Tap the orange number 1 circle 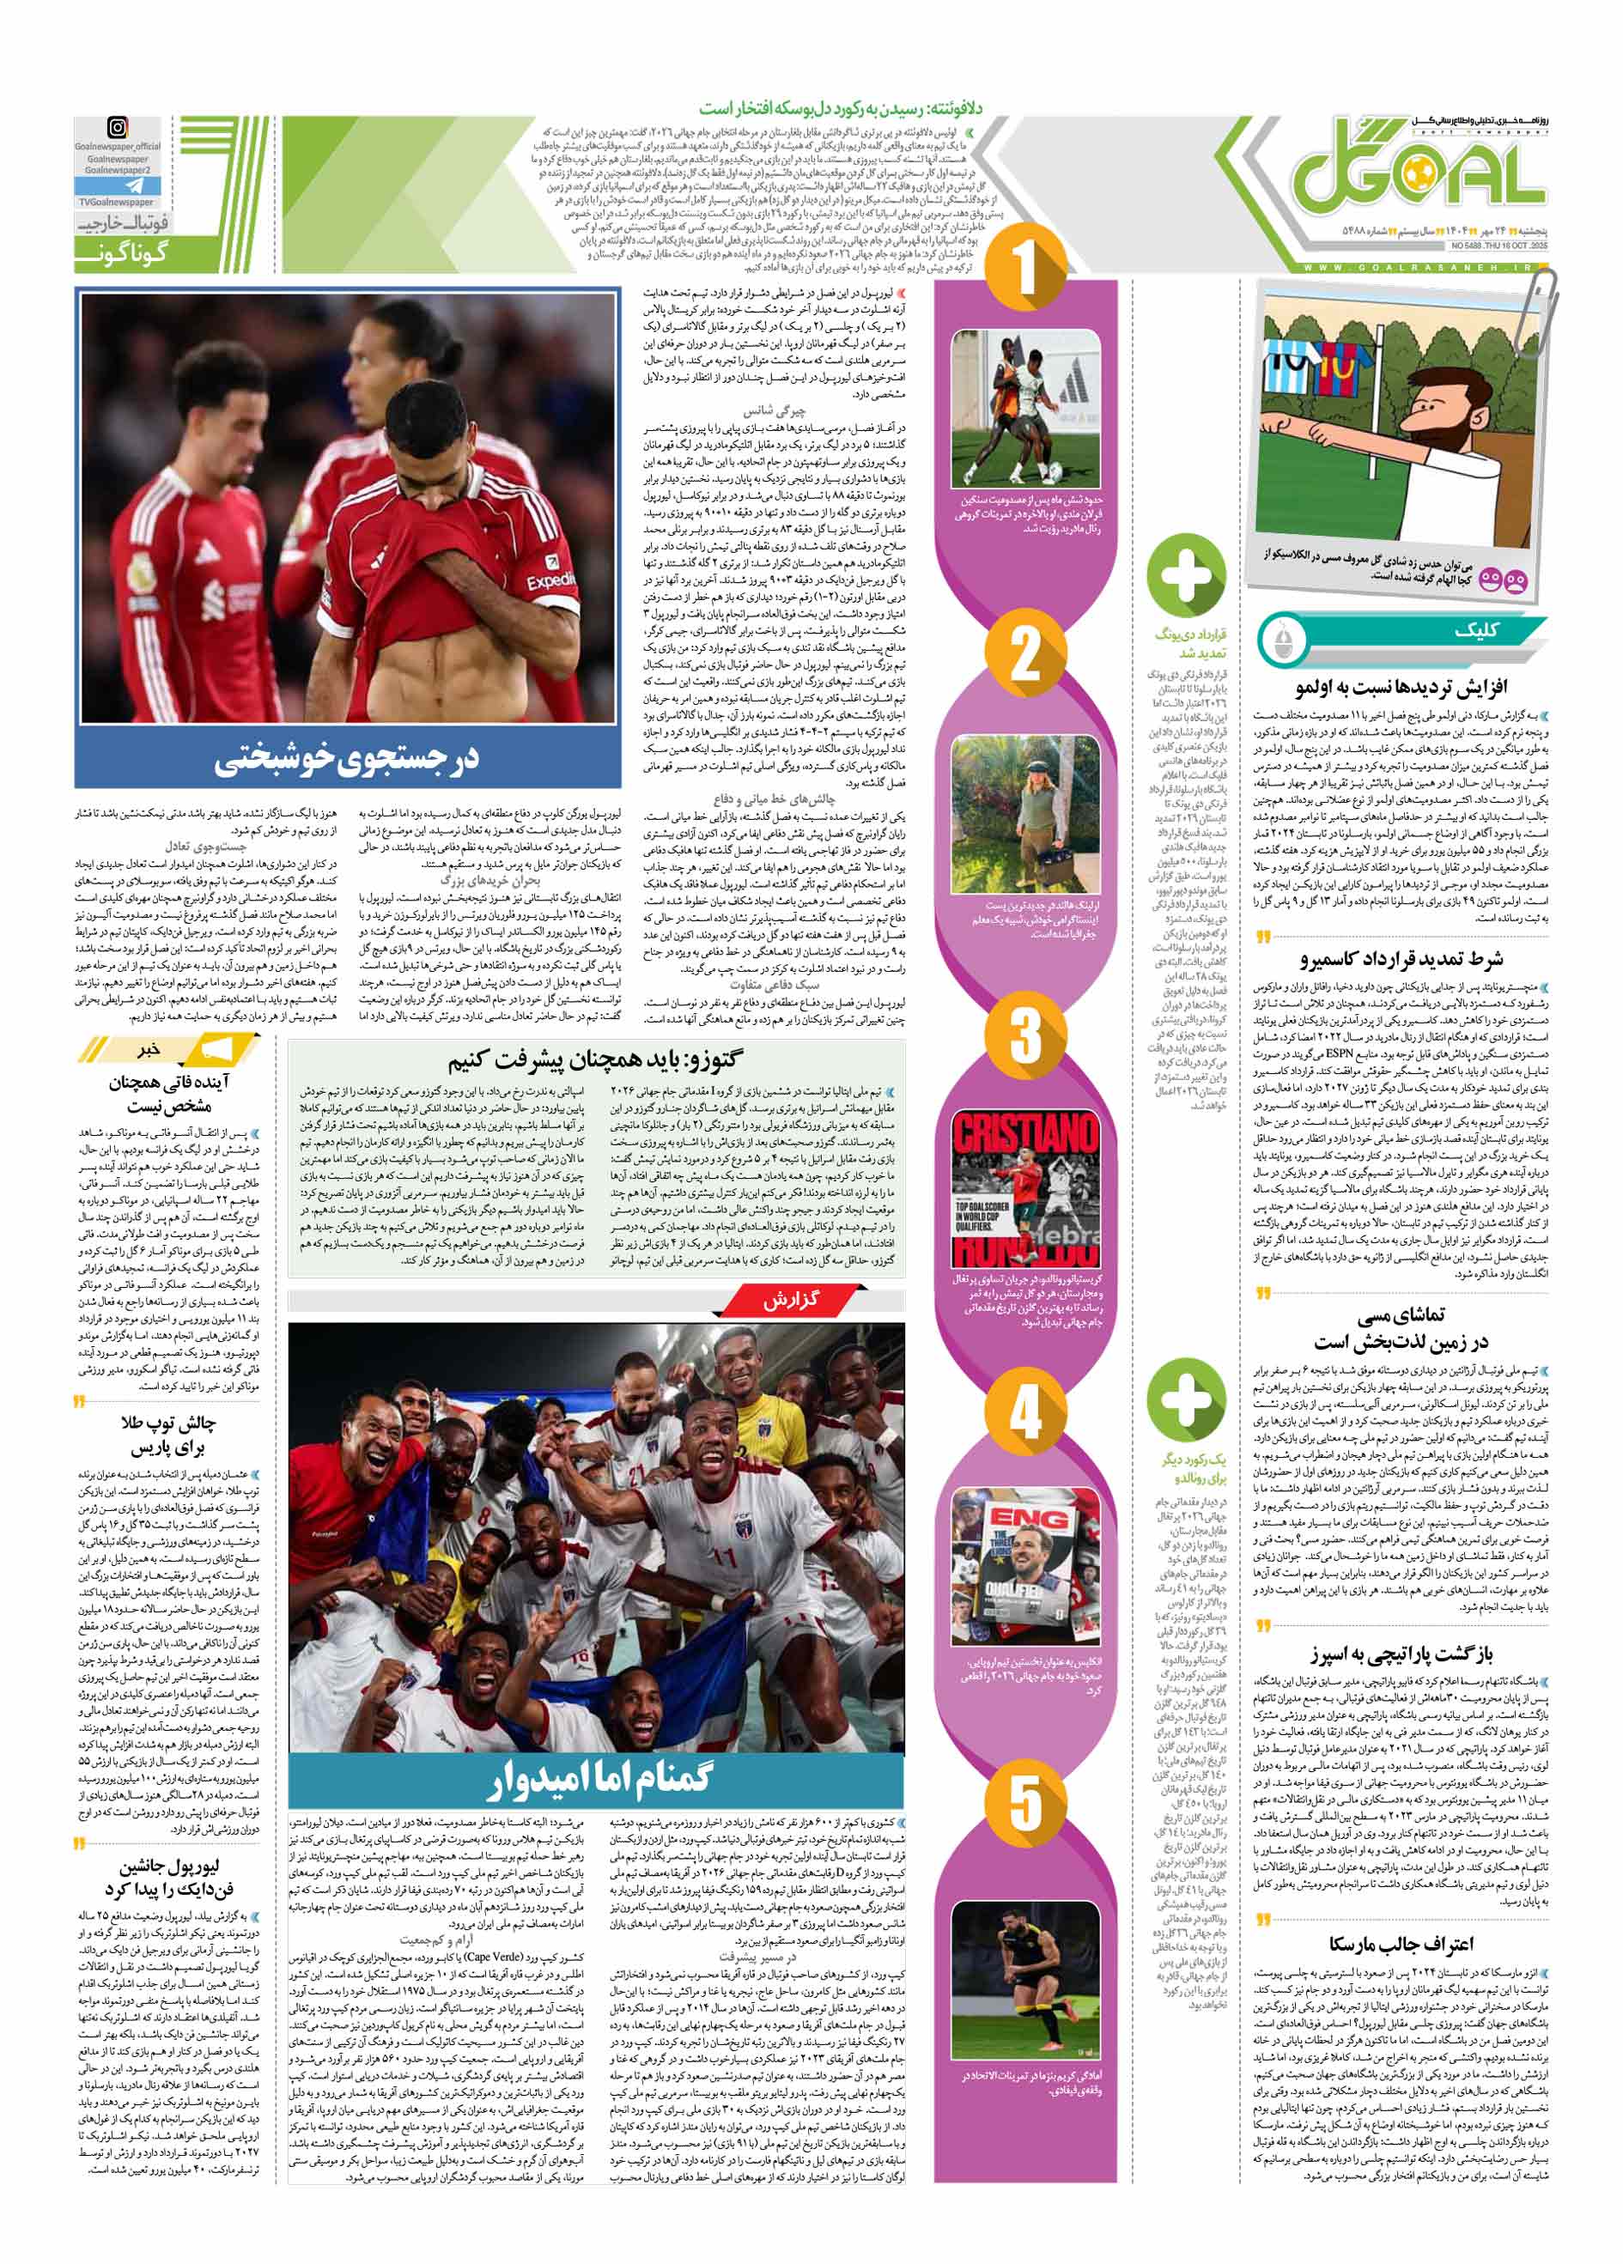[x=1025, y=270]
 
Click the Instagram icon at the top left [x=118, y=128]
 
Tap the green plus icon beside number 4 [x=1186, y=1398]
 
